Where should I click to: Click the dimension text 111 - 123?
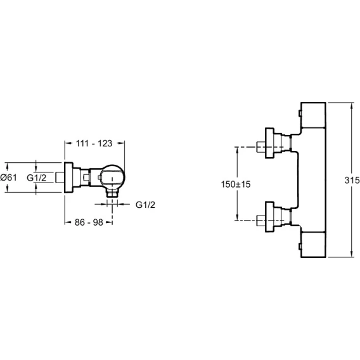coord(94,143)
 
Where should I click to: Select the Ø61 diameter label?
coord(8,177)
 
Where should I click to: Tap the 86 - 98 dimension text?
coord(89,222)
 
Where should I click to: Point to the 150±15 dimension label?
coord(236,184)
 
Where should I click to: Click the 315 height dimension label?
coord(352,180)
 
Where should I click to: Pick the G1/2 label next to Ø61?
coord(37,177)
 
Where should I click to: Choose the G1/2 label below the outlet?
coord(145,205)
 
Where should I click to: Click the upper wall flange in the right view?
coord(269,143)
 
